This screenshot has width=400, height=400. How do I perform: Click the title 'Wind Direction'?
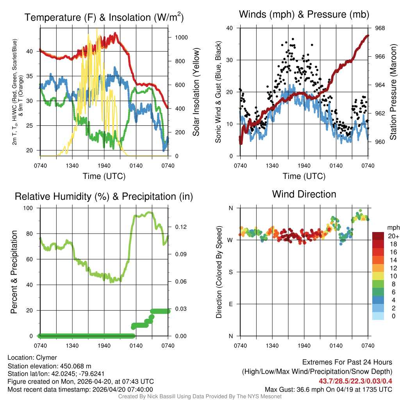304,194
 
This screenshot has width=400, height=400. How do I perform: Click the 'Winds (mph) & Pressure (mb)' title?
304,15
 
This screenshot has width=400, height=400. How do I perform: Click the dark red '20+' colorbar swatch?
378,236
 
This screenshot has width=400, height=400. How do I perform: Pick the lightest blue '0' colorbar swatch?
378,316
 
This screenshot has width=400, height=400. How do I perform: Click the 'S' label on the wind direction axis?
230,272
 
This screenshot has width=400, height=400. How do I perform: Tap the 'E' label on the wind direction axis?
230,304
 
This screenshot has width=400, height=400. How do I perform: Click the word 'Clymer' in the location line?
46,358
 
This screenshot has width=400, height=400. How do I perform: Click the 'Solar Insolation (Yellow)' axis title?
196,92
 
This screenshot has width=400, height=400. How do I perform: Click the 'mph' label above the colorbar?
392,227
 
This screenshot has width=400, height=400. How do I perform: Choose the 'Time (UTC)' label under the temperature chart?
104,176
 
